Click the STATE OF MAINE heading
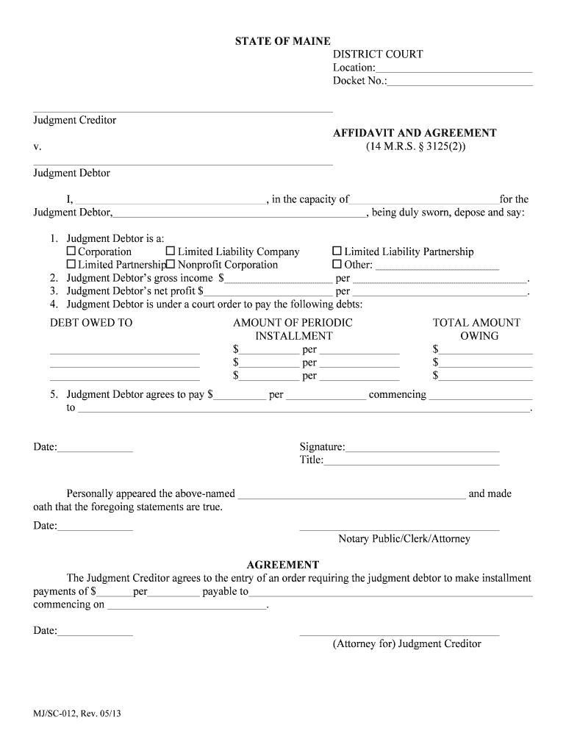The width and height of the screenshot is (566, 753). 283,41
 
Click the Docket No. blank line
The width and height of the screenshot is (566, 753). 459,82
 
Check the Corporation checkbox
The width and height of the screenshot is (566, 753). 71,251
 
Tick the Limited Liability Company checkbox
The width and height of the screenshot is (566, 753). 171,251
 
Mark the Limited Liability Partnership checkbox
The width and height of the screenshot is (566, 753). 337,251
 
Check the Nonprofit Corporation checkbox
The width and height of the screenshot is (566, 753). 171,265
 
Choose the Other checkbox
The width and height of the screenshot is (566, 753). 337,265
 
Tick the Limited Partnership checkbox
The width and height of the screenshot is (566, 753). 71,265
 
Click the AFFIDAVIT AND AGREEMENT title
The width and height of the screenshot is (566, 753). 415,133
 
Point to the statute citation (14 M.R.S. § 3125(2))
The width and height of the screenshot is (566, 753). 415,146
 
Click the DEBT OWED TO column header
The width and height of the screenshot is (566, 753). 91,323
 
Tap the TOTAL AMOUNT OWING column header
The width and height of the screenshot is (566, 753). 476,329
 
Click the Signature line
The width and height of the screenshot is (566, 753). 422,448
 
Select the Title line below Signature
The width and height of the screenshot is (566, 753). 411,461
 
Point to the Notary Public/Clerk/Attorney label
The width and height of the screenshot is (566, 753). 404,539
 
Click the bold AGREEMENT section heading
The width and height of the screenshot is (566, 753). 283,565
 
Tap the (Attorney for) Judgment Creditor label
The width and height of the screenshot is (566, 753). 406,644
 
